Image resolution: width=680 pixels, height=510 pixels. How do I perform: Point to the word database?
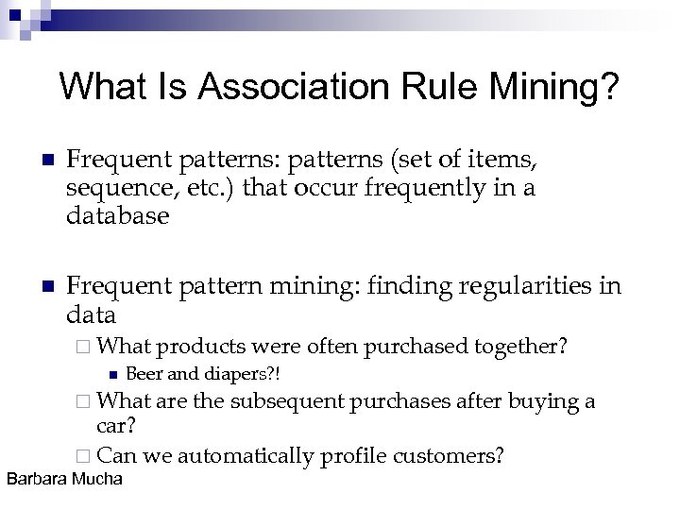(118, 215)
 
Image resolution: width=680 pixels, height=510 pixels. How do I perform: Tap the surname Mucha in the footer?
(97, 479)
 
